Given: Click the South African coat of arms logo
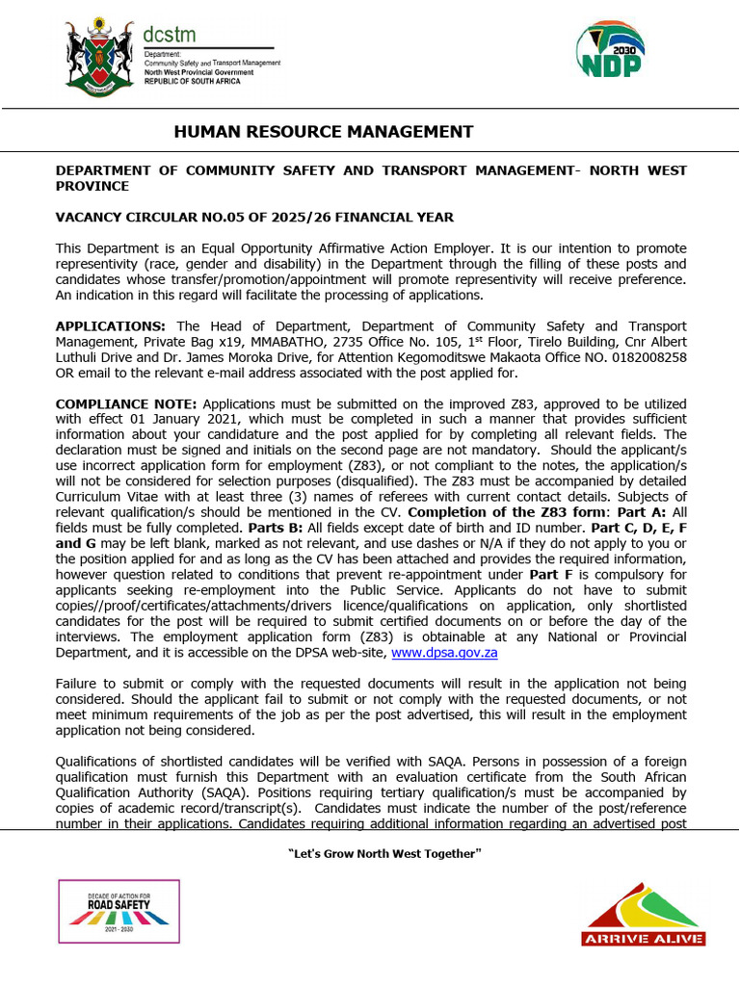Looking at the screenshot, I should [99, 57].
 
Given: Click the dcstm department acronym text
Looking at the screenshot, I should [169, 35].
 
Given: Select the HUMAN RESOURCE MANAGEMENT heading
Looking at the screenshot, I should [323, 132].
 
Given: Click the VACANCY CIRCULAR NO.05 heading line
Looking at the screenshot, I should [254, 218].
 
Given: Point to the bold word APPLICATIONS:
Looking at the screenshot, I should [111, 326].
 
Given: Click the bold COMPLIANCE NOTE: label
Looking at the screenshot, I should [126, 403].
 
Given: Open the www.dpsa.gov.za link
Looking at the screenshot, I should [443, 653].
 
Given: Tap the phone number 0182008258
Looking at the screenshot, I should [645, 357].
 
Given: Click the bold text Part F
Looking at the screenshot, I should [551, 575].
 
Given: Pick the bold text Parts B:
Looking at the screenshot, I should [276, 529].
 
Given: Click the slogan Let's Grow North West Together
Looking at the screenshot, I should [370, 854].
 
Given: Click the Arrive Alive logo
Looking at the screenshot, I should [643, 916].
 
